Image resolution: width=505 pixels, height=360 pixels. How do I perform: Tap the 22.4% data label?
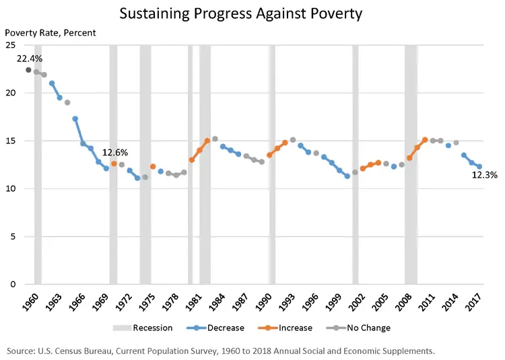[x=30, y=59]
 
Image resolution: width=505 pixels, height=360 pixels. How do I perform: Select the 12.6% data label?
[x=114, y=153]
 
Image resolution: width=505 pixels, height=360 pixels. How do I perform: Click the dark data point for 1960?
[x=28, y=70]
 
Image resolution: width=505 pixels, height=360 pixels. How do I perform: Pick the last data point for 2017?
[x=479, y=167]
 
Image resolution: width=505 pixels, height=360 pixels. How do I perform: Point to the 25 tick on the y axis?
[x=11, y=45]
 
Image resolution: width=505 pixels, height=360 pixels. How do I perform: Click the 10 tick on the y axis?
[x=11, y=188]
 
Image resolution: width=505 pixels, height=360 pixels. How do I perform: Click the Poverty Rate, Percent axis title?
[x=50, y=32]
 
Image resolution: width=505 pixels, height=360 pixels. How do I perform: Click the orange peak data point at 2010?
[x=425, y=140]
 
